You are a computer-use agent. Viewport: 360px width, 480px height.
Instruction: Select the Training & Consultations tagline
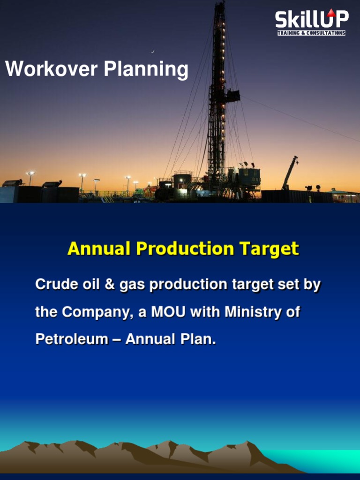click(x=311, y=33)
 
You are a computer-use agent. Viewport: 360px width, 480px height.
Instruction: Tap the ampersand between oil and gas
click(x=109, y=285)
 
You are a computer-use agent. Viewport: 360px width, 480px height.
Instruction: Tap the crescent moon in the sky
click(x=153, y=52)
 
